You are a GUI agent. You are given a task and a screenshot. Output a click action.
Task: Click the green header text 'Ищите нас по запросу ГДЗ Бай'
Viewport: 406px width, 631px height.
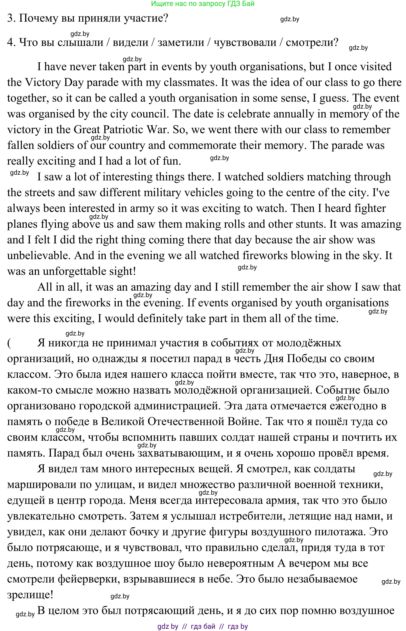(203, 4)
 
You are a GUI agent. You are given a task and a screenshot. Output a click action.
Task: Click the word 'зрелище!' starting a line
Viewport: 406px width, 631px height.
(30, 595)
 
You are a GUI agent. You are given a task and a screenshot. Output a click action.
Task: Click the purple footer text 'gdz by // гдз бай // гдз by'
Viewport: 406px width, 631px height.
(202, 627)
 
